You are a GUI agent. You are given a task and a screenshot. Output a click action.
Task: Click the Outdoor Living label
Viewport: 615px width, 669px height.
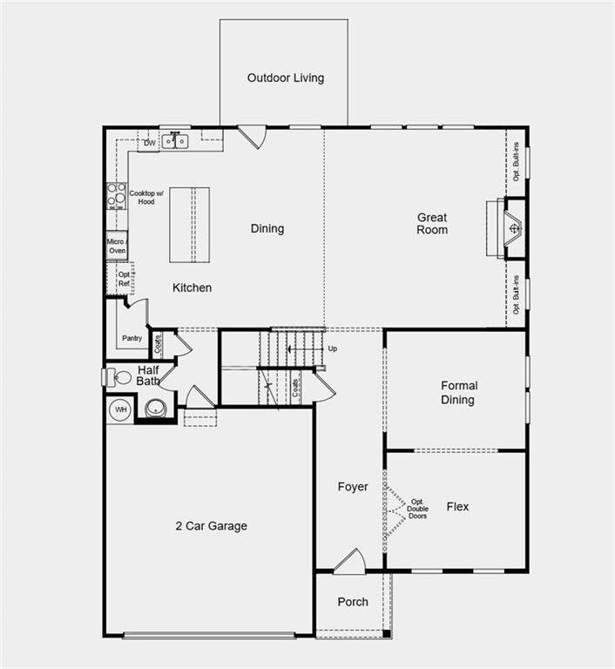(x=286, y=78)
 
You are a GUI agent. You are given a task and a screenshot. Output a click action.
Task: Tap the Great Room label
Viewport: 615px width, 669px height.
(x=432, y=224)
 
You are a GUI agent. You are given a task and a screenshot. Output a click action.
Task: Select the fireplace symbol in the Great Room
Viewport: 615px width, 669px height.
(x=514, y=228)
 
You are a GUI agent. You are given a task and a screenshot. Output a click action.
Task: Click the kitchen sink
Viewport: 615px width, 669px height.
(x=175, y=141)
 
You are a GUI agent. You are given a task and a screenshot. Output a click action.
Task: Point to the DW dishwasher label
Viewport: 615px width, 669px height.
(x=149, y=143)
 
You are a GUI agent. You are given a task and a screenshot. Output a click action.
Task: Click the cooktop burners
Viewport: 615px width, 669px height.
(x=117, y=196)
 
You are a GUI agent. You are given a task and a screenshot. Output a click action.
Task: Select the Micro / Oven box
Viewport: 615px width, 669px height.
(x=117, y=247)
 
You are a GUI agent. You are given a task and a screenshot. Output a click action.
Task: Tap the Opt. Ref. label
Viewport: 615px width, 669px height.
(x=125, y=279)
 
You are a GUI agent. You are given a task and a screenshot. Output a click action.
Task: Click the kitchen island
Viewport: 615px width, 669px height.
(x=190, y=225)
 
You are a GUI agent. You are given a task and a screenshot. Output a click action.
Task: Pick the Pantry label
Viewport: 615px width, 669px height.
(x=132, y=338)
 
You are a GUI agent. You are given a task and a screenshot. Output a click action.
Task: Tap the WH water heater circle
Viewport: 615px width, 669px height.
(x=121, y=410)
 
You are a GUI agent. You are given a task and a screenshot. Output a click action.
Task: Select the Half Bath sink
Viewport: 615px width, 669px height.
(x=155, y=409)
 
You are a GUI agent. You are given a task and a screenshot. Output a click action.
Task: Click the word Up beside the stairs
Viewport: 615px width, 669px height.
(x=333, y=348)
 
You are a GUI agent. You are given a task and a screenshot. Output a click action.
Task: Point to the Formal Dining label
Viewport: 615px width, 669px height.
(x=458, y=393)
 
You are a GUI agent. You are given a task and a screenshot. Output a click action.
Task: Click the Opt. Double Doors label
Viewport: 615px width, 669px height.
(x=417, y=509)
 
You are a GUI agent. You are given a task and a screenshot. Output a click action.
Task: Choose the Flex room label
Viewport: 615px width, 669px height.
(x=457, y=506)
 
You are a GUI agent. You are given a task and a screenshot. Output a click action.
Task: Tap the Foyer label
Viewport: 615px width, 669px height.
(x=353, y=487)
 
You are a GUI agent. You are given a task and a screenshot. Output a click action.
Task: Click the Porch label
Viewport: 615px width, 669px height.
(x=353, y=602)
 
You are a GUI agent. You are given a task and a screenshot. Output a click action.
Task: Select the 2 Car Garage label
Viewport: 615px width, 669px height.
(x=212, y=525)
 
